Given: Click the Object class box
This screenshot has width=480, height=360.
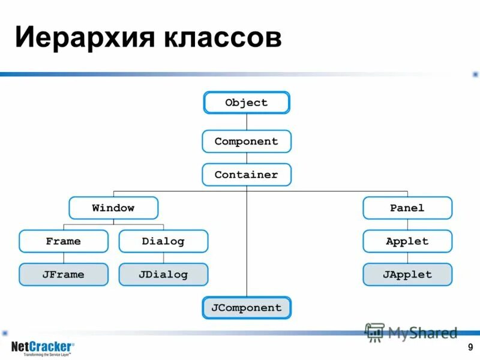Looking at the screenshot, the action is click(247, 103).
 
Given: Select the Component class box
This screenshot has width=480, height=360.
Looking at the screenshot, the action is click(247, 142).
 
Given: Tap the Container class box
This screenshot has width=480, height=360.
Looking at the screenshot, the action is click(247, 175).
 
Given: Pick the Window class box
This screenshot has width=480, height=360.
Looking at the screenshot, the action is click(113, 208).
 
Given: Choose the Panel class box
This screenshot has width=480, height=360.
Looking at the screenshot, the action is click(407, 208).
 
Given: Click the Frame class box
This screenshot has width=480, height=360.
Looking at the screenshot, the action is click(64, 241).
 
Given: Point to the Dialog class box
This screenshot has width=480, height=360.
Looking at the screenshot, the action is click(163, 241).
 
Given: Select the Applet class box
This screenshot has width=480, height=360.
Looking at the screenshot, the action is click(407, 241).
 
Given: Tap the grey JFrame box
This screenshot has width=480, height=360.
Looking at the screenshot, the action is click(64, 274).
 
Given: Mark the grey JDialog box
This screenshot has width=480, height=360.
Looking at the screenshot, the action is click(163, 274).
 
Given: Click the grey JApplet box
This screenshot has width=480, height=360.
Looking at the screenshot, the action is click(407, 274).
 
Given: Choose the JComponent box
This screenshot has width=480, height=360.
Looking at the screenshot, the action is click(247, 308).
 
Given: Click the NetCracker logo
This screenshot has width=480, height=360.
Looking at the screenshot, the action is click(43, 347).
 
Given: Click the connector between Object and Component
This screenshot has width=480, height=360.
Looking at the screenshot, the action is click(247, 122).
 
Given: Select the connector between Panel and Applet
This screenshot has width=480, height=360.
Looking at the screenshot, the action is click(407, 225).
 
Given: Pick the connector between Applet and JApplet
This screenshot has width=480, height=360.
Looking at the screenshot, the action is click(407, 258).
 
